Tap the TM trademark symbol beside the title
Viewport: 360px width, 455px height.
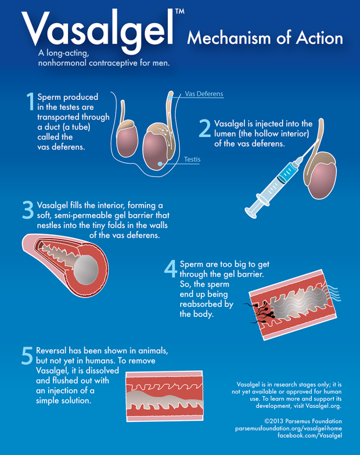(180, 12)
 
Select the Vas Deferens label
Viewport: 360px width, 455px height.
(204, 94)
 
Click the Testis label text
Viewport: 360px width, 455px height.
(192, 159)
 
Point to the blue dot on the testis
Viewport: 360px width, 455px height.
(160, 164)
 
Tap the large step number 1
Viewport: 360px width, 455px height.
(30, 101)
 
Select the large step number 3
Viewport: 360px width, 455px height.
(28, 210)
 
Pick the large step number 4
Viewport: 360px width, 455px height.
(171, 268)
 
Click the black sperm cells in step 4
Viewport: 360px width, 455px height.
(262, 313)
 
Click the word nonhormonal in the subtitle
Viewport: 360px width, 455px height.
(62, 63)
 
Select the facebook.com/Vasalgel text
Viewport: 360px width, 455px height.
(310, 435)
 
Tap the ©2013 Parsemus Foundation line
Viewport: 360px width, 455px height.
(303, 421)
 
